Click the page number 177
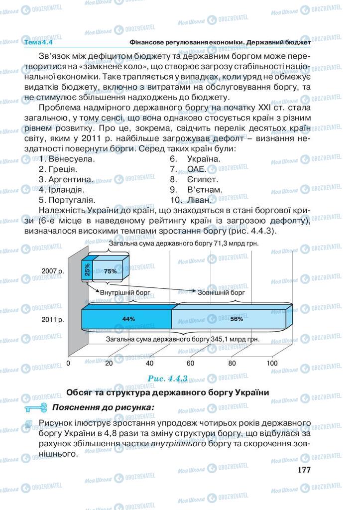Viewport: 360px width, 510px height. pyautogui.click(x=303, y=470)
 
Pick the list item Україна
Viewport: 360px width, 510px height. pyautogui.click(x=204, y=159)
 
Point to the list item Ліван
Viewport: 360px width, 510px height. pyautogui.click(x=198, y=200)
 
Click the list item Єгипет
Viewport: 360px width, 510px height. pyautogui.click(x=202, y=179)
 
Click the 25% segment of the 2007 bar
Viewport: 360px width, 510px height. pyautogui.click(x=87, y=269)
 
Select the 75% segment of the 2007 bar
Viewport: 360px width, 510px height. pyautogui.click(x=111, y=271)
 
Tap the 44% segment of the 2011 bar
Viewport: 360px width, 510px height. pyautogui.click(x=128, y=319)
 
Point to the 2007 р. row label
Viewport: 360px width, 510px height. pyautogui.click(x=53, y=271)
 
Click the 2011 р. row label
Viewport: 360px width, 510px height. pyautogui.click(x=53, y=319)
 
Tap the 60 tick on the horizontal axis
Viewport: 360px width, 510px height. pyautogui.click(x=191, y=363)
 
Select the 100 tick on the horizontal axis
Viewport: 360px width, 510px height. pyautogui.click(x=272, y=363)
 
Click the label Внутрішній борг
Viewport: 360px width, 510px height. pyautogui.click(x=123, y=292)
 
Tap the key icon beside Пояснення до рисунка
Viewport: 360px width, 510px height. pyautogui.click(x=35, y=407)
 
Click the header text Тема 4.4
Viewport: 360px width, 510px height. pyautogui.click(x=38, y=43)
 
